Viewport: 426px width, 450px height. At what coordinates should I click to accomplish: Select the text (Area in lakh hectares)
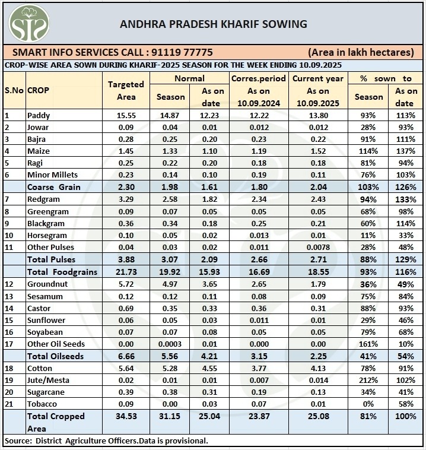point(361,52)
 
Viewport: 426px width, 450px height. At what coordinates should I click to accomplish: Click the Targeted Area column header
point(126,90)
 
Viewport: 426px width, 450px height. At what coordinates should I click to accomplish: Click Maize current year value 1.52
point(318,151)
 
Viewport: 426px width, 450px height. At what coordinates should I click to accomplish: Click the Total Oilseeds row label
point(55,356)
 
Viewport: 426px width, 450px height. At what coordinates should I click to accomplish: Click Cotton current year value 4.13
point(318,368)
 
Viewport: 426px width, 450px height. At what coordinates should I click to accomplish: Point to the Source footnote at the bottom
point(106,441)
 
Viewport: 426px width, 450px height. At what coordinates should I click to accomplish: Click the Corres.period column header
point(258,78)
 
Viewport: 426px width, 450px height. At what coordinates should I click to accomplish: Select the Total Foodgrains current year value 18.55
point(318,272)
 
